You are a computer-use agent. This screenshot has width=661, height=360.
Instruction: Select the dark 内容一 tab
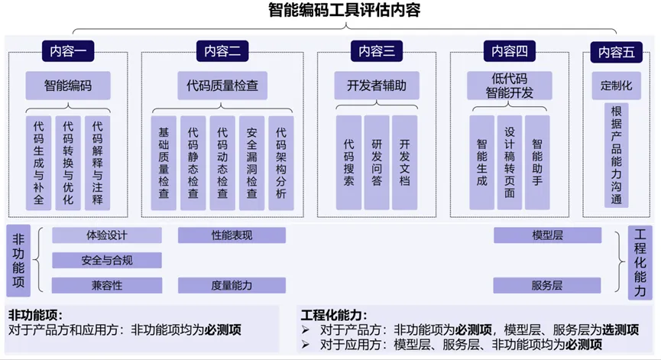point(68,51)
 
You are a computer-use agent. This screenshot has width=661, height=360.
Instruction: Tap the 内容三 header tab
point(377,51)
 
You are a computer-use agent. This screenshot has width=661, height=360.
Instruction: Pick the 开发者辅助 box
point(377,86)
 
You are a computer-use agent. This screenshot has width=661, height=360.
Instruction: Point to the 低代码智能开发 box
point(510,86)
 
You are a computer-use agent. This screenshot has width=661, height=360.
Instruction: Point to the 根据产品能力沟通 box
point(617,155)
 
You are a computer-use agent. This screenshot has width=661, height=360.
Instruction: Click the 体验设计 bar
point(107,235)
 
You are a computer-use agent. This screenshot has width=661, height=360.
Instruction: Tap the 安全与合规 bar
point(107,261)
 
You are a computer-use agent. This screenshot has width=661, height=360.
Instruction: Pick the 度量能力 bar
point(232,285)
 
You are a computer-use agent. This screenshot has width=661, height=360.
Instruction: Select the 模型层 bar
point(547,235)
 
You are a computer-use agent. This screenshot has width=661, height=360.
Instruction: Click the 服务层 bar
point(547,285)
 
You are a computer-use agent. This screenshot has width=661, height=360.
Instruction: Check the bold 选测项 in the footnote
point(620,330)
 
